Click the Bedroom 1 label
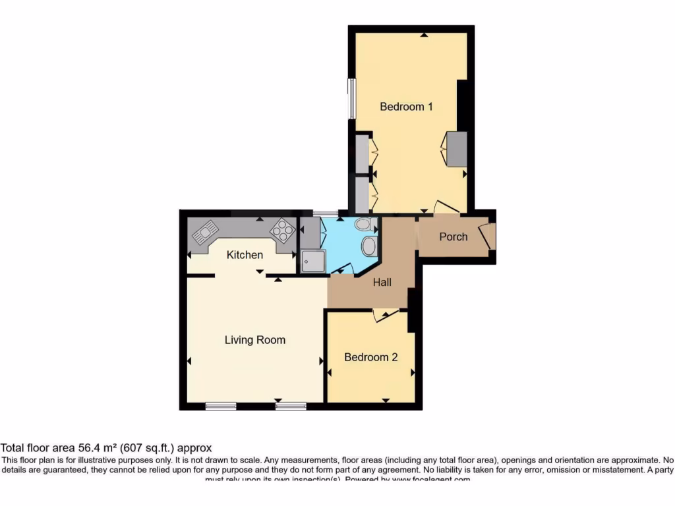coord(406,106)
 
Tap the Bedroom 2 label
coord(371,357)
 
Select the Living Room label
coord(255,340)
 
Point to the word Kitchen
coord(245,255)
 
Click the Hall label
coord(382,282)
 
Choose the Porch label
coord(454,237)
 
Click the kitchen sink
coord(205,231)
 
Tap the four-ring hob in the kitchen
coord(282,230)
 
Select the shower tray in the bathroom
coord(313,261)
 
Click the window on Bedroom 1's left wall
coord(352,99)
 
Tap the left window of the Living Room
coord(221,406)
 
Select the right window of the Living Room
coord(291,406)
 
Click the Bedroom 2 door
coord(385,316)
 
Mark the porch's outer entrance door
coord(488,236)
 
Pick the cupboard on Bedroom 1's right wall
coord(456,149)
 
